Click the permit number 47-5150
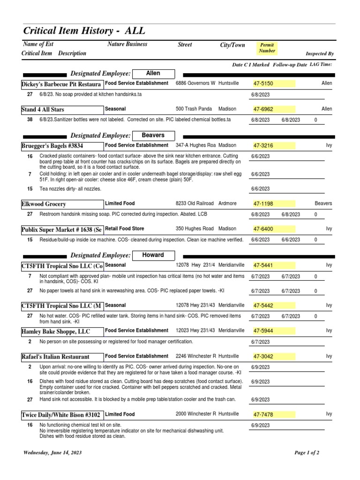263,83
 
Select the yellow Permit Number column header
268,48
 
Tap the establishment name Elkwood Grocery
44,204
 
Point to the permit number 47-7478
263,415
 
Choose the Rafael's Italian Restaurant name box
55,357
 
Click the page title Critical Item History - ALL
84,31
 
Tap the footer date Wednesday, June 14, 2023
52,453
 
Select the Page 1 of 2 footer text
307,453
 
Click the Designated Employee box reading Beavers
153,135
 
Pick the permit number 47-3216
263,146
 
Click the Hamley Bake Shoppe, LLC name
55,331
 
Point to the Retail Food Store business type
125,229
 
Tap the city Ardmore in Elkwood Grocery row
229,203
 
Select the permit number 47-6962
263,109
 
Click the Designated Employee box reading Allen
153,73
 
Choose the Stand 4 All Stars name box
43,110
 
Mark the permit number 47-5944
263,331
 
